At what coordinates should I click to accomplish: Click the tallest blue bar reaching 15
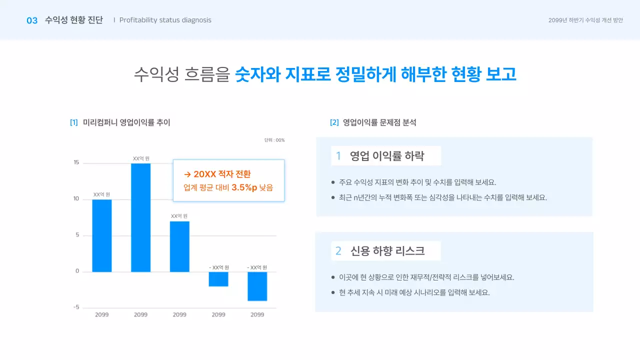click(x=140, y=217)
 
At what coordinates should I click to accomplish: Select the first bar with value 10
click(x=102, y=235)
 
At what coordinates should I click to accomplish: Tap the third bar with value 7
click(x=179, y=246)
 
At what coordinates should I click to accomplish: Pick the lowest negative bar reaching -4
click(x=257, y=286)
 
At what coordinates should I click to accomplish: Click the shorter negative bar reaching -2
click(x=218, y=279)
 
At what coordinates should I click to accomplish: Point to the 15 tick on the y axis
click(x=76, y=162)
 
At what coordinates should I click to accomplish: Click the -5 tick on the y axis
click(x=76, y=307)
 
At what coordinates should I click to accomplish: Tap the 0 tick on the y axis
click(x=77, y=271)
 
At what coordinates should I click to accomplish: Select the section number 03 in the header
click(x=32, y=20)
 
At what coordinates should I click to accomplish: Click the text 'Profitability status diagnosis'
click(x=165, y=20)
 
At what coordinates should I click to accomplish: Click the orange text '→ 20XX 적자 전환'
click(x=217, y=174)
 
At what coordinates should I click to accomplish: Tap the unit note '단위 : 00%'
click(x=274, y=140)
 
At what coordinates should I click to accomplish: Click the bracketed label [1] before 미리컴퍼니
click(x=74, y=122)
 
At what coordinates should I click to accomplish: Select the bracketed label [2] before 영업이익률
click(x=334, y=122)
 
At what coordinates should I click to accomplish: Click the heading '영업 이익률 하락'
click(x=386, y=156)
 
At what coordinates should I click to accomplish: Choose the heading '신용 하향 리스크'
click(x=387, y=251)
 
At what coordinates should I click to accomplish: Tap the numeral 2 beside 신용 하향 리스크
click(x=338, y=251)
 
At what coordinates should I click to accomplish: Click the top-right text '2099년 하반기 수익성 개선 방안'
click(x=585, y=20)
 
